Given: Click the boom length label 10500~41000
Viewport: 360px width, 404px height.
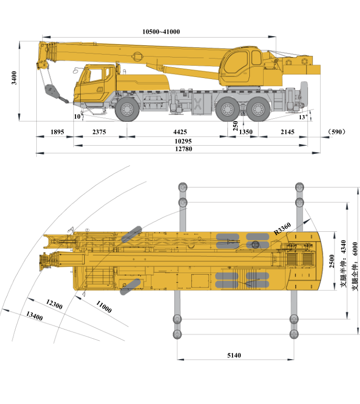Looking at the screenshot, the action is (x=161, y=32).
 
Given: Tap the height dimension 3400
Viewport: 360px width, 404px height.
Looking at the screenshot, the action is (x=14, y=78).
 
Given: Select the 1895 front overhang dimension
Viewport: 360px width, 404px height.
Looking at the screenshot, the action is (x=57, y=132).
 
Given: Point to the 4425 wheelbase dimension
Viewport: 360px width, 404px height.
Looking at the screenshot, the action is (x=180, y=132).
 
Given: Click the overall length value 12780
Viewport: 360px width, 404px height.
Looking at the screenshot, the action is (x=184, y=149).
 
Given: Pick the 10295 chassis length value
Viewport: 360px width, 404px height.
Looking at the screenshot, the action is (x=183, y=141).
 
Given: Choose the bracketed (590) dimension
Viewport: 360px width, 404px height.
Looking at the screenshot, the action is (x=337, y=132).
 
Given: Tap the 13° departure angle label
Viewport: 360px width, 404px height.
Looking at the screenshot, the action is (x=303, y=117).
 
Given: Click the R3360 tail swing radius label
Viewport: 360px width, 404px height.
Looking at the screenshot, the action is (x=282, y=229).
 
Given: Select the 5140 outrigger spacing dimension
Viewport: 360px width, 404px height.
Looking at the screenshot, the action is (x=234, y=355).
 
